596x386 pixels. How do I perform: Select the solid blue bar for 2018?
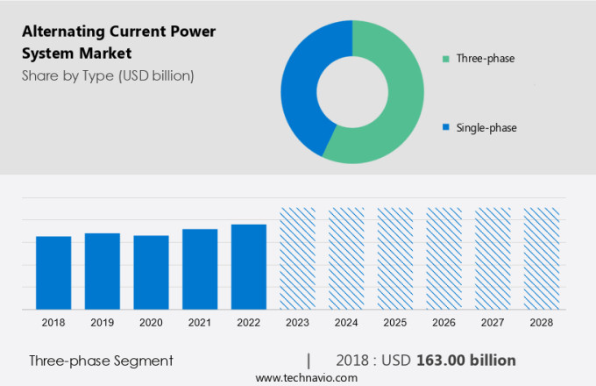pyautogui.click(x=53, y=273)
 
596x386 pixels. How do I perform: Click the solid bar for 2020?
pyautogui.click(x=151, y=272)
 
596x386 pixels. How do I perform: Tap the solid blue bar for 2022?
pyautogui.click(x=249, y=267)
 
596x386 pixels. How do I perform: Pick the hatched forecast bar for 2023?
pyautogui.click(x=297, y=258)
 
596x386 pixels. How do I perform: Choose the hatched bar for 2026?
pyautogui.click(x=443, y=258)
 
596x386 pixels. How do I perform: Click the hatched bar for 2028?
pyautogui.click(x=541, y=258)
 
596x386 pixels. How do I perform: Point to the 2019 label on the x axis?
pyautogui.click(x=103, y=323)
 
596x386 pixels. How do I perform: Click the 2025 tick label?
pyautogui.click(x=394, y=323)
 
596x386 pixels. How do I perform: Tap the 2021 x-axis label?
pyautogui.click(x=200, y=323)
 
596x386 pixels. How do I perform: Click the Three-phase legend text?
pyautogui.click(x=485, y=59)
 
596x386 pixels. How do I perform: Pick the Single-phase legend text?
pyautogui.click(x=486, y=128)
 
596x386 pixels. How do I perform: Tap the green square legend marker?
pyautogui.click(x=446, y=59)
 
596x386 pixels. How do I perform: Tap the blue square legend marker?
pyautogui.click(x=446, y=128)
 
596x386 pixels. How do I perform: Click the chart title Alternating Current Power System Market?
pyautogui.click(x=118, y=42)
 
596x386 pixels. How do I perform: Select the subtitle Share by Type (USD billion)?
pyautogui.click(x=108, y=75)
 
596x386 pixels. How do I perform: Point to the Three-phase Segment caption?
pyautogui.click(x=101, y=361)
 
